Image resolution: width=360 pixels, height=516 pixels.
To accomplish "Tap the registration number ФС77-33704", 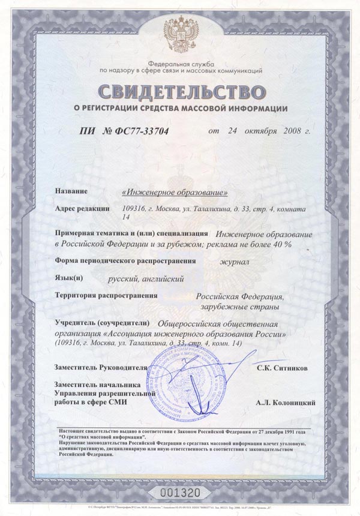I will pos(141,131).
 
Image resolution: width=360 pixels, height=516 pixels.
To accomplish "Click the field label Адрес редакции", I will pos(82,209).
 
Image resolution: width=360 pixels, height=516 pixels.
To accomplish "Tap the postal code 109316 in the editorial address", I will pos(136,209).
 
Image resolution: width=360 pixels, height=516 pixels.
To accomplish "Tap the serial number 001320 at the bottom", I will pos(179,492).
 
